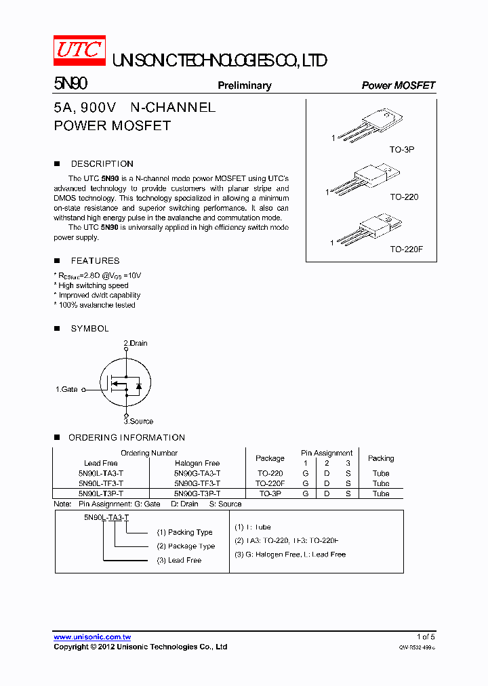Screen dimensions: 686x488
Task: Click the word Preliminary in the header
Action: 244,85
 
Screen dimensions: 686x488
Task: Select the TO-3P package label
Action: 401,148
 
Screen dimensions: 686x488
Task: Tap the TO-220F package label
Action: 405,249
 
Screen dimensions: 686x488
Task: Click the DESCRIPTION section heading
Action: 102,164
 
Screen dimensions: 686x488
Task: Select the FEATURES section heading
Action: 95,261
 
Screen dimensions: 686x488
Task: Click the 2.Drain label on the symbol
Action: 136,344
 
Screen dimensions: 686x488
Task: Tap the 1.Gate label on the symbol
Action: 66,390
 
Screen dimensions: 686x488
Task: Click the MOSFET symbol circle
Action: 125,384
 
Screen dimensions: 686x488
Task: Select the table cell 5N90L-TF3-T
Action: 101,484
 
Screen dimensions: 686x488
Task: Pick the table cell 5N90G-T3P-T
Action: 197,494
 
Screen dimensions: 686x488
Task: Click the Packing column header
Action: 381,458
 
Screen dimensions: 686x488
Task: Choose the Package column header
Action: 270,458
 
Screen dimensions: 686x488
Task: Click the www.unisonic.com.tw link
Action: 92,637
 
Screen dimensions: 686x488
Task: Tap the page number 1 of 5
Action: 426,637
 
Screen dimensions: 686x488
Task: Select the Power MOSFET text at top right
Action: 398,85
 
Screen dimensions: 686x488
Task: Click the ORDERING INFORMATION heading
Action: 126,438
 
